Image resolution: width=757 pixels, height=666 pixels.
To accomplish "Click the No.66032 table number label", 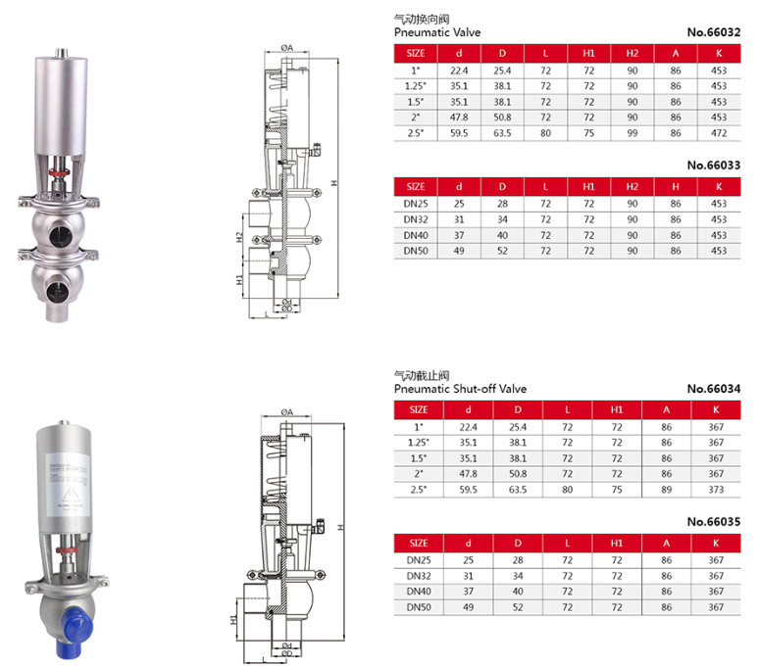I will (713, 31).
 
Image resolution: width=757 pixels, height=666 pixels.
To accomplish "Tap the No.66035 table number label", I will (713, 519).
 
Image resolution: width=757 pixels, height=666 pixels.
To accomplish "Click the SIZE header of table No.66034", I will (418, 409).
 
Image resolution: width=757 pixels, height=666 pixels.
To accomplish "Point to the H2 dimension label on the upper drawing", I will (238, 237).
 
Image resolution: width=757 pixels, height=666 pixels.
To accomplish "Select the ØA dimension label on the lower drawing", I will (287, 410).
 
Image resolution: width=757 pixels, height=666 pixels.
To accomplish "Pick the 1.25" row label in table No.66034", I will (418, 442).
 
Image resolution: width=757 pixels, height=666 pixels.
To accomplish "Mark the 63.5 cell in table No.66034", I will (503, 489).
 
